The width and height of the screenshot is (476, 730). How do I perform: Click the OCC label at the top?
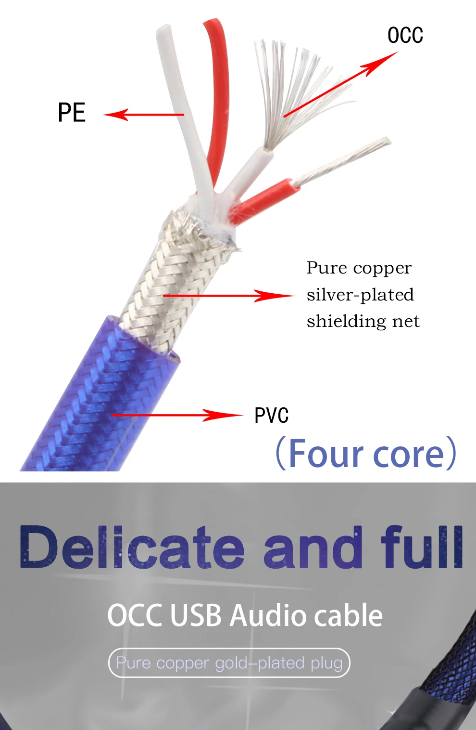coord(405,36)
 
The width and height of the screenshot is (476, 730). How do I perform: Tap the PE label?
coord(72,113)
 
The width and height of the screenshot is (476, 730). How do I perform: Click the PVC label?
coord(271,416)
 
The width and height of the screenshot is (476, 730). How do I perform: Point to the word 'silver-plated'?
coord(360,295)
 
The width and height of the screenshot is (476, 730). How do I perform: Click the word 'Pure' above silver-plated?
coord(326,268)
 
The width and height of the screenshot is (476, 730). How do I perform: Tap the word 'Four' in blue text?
coord(326,454)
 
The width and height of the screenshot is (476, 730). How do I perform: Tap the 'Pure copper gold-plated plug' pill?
coord(229,663)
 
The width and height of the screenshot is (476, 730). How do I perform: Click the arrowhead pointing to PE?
coord(114,115)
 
